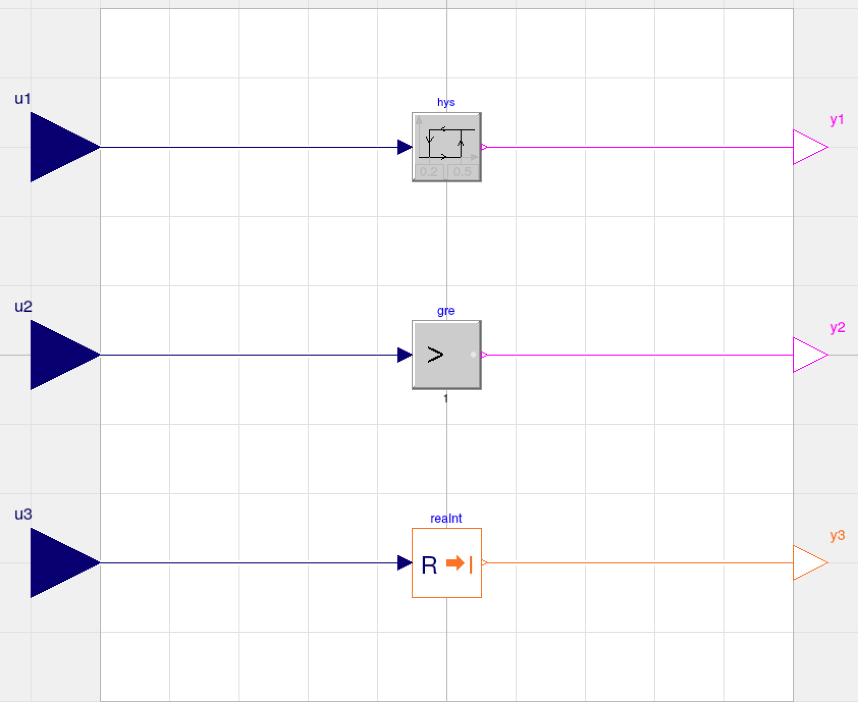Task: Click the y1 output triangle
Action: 808,147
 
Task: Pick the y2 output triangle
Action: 808,355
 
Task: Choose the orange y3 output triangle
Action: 808,563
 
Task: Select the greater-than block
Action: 447,355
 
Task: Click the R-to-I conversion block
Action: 447,563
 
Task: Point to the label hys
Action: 446,102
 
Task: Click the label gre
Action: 446,311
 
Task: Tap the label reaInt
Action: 446,519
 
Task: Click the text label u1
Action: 23,98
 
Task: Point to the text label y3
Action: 837,535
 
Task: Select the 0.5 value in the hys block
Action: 462,172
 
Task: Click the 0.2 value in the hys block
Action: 429,172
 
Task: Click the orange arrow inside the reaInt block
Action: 455,563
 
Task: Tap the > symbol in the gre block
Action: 435,355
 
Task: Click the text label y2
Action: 837,328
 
